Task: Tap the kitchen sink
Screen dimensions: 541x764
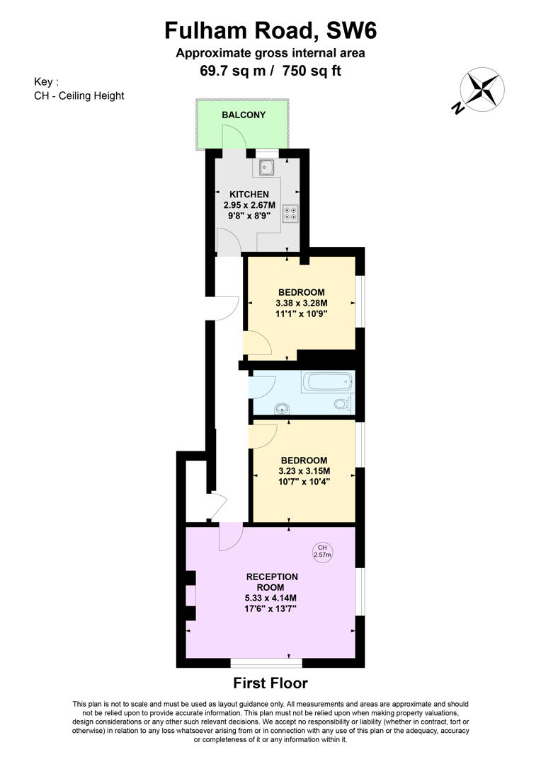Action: [266, 168]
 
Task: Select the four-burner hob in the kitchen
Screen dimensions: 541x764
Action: [291, 212]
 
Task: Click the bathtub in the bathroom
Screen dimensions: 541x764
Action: [327, 381]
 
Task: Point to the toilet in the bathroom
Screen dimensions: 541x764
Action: [343, 403]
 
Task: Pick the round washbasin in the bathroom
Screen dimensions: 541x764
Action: [282, 408]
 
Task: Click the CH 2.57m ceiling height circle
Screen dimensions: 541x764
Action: [322, 551]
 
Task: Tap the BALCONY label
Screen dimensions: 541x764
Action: [244, 115]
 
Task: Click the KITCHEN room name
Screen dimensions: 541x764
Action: [249, 195]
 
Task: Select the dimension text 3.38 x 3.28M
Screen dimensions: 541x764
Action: [301, 303]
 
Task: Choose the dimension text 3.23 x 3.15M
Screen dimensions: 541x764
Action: [304, 471]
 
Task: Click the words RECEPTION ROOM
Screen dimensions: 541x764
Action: [272, 582]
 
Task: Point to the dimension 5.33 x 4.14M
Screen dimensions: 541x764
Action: [270, 598]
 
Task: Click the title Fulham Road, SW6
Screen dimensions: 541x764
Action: [270, 30]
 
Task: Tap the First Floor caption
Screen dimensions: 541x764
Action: [270, 683]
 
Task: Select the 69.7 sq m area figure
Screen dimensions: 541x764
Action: [233, 71]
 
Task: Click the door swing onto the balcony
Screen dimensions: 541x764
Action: [234, 137]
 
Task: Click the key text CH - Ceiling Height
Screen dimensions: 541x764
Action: [79, 95]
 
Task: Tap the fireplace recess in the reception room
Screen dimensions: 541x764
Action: [190, 596]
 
